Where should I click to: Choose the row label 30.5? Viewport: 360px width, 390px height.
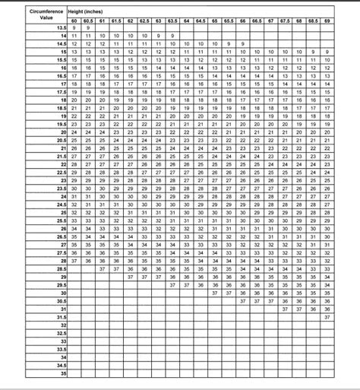(62, 300)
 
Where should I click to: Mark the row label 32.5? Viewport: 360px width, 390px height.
(62, 334)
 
